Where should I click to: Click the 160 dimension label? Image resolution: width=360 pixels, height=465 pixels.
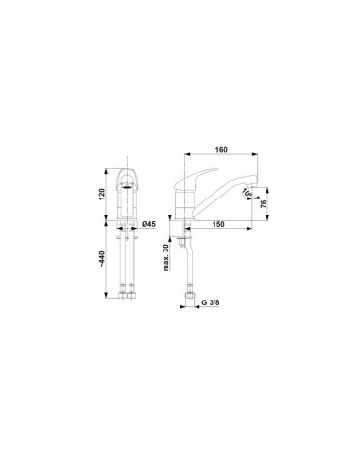[x=221, y=150]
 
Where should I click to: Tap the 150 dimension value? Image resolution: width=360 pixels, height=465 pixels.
[x=218, y=224]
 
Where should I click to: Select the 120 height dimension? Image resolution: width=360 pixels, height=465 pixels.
[x=102, y=195]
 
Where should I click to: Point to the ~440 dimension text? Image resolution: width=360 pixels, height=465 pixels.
[x=102, y=258]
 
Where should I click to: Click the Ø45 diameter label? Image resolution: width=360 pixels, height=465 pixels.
[x=148, y=224]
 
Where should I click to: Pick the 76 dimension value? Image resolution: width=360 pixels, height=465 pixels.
[x=264, y=203]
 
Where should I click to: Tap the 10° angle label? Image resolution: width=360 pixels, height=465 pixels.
[x=248, y=193]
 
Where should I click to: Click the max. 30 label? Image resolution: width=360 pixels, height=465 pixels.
[x=166, y=257]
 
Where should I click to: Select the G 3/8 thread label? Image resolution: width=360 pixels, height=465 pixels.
[x=211, y=302]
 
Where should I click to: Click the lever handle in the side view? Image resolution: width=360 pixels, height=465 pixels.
[x=196, y=178]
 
